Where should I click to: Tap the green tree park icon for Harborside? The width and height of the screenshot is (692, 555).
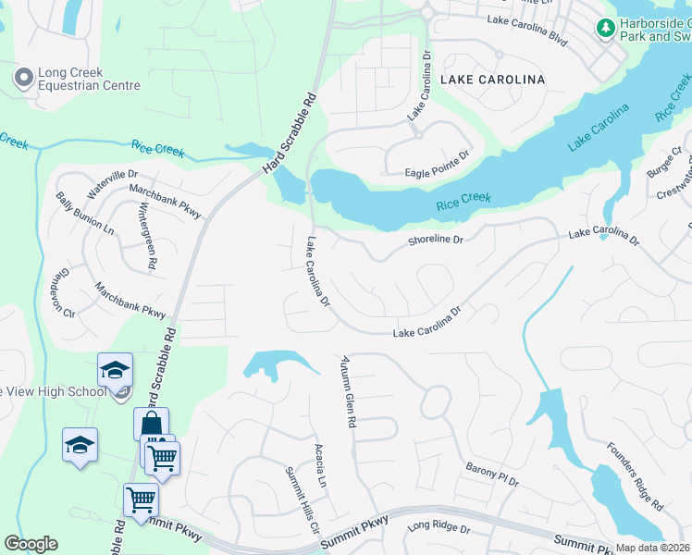click(x=606, y=30)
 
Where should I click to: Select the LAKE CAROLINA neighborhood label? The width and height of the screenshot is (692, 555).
click(x=492, y=80)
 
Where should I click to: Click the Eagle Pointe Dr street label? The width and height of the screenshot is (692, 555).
click(x=438, y=172)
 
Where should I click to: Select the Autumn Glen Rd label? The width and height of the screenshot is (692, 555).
click(x=349, y=391)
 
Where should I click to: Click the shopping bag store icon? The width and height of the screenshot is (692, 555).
click(x=151, y=425)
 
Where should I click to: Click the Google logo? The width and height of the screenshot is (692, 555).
click(x=31, y=544)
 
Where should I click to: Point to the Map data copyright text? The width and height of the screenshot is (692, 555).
click(x=652, y=548)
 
